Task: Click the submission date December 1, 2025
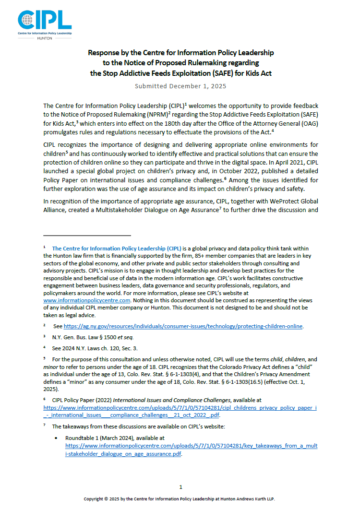pyautogui.click(x=180, y=86)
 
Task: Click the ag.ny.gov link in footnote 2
pyautogui.click(x=183, y=326)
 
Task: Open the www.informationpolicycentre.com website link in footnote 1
pyautogui.click(x=84, y=300)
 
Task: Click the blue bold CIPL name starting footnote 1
pyautogui.click(x=117, y=249)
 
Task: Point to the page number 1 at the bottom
pyautogui.click(x=180, y=487)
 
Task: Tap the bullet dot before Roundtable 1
pyautogui.click(x=57, y=438)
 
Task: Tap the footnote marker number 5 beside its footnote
pyautogui.click(x=44, y=358)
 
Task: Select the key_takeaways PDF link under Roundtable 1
pyautogui.click(x=191, y=450)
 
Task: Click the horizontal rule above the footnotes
pyautogui.click(x=87, y=236)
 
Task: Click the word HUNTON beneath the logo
pyautogui.click(x=45, y=36)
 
